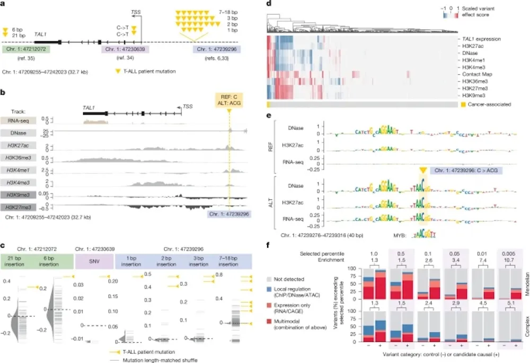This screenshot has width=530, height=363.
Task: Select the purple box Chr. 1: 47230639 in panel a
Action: [125, 49]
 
